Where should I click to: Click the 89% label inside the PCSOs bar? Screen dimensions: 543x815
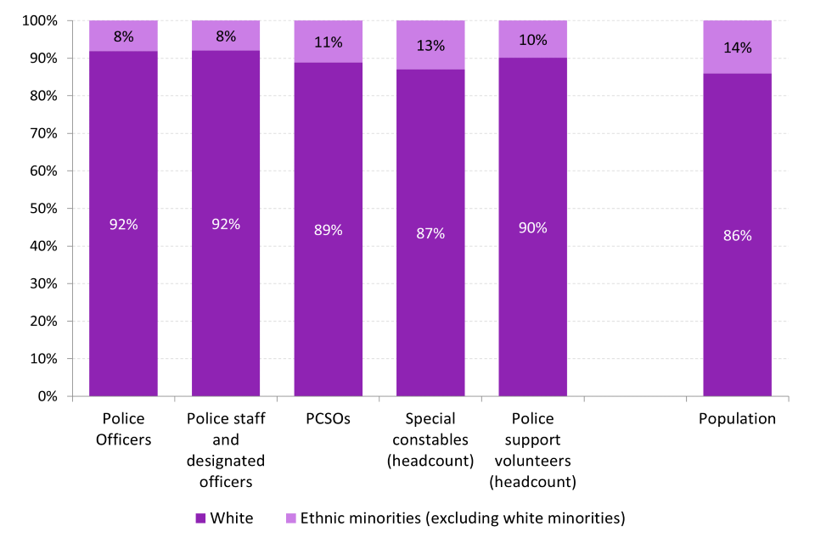pyautogui.click(x=328, y=230)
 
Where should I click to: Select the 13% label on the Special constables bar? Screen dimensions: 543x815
pyautogui.click(x=430, y=46)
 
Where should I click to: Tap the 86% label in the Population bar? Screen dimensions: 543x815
pyautogui.click(x=737, y=236)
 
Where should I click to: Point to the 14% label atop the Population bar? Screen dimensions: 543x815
pyautogui.click(x=737, y=48)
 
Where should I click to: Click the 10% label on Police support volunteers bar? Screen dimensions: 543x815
pyautogui.click(x=532, y=40)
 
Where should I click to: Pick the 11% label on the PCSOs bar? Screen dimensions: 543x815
pyautogui.click(x=328, y=42)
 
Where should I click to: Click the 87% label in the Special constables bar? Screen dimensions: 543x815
pyautogui.click(x=430, y=233)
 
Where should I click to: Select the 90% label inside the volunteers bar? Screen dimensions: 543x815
pyautogui.click(x=532, y=227)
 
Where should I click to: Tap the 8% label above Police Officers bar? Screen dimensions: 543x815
pyautogui.click(x=123, y=36)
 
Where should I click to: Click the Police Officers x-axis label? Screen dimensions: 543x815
pyautogui.click(x=123, y=428)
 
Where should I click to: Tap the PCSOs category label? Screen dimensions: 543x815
pyautogui.click(x=328, y=418)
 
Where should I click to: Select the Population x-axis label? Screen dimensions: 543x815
pyautogui.click(x=737, y=418)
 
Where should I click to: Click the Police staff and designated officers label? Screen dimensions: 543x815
pyautogui.click(x=226, y=450)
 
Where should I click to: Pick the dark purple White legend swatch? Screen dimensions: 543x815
pyautogui.click(x=200, y=518)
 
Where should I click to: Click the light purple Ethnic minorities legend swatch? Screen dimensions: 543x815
pyautogui.click(x=290, y=518)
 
